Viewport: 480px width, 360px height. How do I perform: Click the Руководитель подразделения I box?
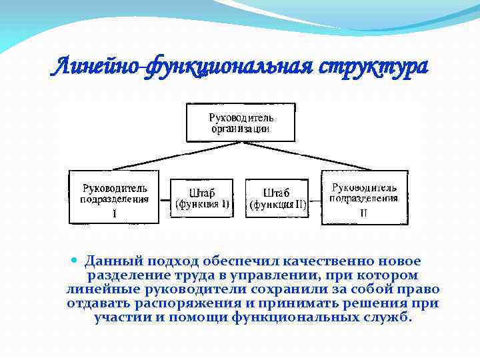point(115,197)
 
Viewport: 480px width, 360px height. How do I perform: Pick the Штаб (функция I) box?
point(202,198)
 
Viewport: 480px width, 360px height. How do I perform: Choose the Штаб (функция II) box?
point(277,198)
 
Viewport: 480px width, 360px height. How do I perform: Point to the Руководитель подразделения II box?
point(364,197)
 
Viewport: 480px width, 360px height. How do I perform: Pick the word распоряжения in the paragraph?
point(179,303)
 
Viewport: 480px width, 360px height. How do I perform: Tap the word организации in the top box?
point(241,129)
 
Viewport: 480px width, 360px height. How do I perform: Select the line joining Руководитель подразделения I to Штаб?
point(165,198)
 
